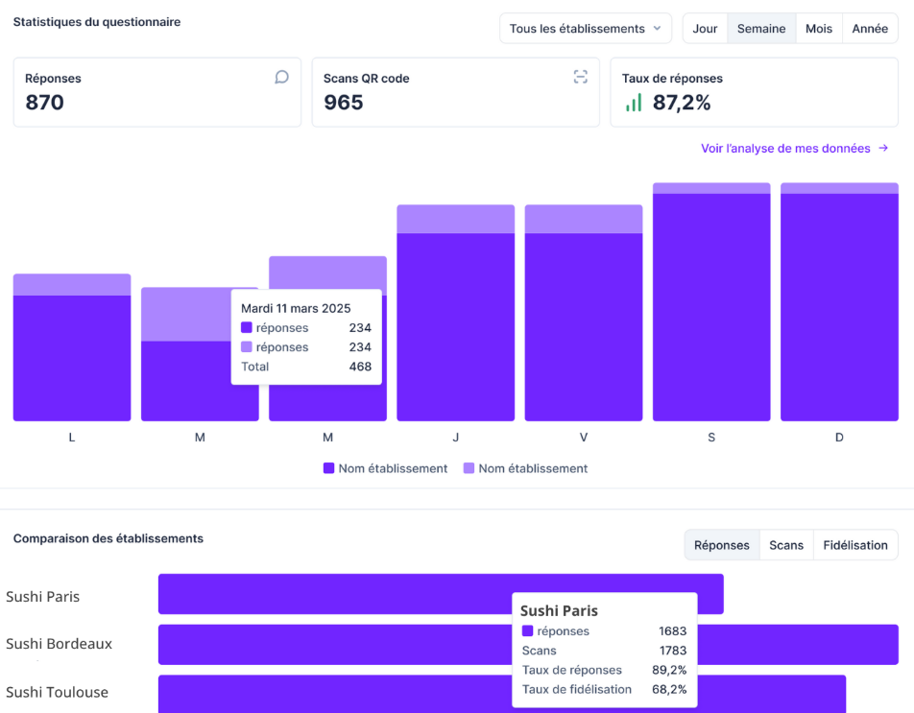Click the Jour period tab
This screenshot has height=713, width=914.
705,29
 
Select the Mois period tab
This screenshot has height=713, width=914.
819,29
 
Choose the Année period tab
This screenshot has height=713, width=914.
870,29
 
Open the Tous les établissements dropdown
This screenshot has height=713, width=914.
586,29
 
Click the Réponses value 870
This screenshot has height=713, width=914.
44,103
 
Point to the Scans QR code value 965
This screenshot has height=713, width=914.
343,103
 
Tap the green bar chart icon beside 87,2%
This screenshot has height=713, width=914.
634,103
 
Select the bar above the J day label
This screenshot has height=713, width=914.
455,317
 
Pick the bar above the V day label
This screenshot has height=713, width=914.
584,317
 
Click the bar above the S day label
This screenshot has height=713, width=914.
711,307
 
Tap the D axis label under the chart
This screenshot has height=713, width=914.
839,438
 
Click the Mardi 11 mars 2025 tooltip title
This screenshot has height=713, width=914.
296,308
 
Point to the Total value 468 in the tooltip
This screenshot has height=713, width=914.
360,367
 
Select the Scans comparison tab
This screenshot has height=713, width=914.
786,545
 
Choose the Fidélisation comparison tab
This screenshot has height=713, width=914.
855,545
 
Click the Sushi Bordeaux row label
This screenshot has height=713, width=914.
59,644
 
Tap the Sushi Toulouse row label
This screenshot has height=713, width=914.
57,692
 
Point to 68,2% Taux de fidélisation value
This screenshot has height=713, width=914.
669,689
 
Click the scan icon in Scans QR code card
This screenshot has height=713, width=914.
580,77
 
